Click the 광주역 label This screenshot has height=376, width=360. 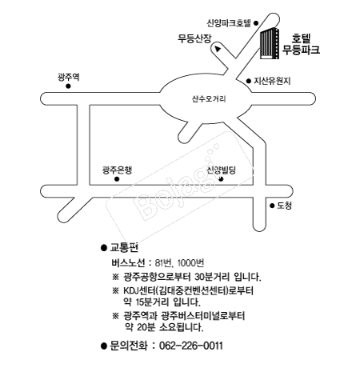point(68,78)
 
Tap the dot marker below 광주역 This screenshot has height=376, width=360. point(68,86)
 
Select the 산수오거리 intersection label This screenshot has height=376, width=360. point(209,99)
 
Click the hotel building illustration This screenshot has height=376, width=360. point(270,43)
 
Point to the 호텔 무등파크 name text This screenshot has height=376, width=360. point(302,44)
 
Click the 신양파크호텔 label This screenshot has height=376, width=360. point(229,23)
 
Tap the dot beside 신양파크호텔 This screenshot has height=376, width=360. point(256,23)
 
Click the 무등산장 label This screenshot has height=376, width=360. point(194,38)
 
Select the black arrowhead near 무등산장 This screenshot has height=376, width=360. point(218,49)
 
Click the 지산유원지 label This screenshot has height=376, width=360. point(272,81)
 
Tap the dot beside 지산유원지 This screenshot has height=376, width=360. point(249,81)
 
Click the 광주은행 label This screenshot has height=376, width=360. point(117,170)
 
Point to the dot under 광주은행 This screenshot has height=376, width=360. point(117,179)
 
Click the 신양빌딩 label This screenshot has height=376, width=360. point(222,170)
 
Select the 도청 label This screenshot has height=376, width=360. point(284,206)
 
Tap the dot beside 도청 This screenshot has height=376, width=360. point(272,206)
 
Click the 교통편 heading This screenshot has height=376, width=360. point(124,248)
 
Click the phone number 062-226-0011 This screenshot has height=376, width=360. point(191,346)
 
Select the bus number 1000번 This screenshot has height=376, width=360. point(190,263)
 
